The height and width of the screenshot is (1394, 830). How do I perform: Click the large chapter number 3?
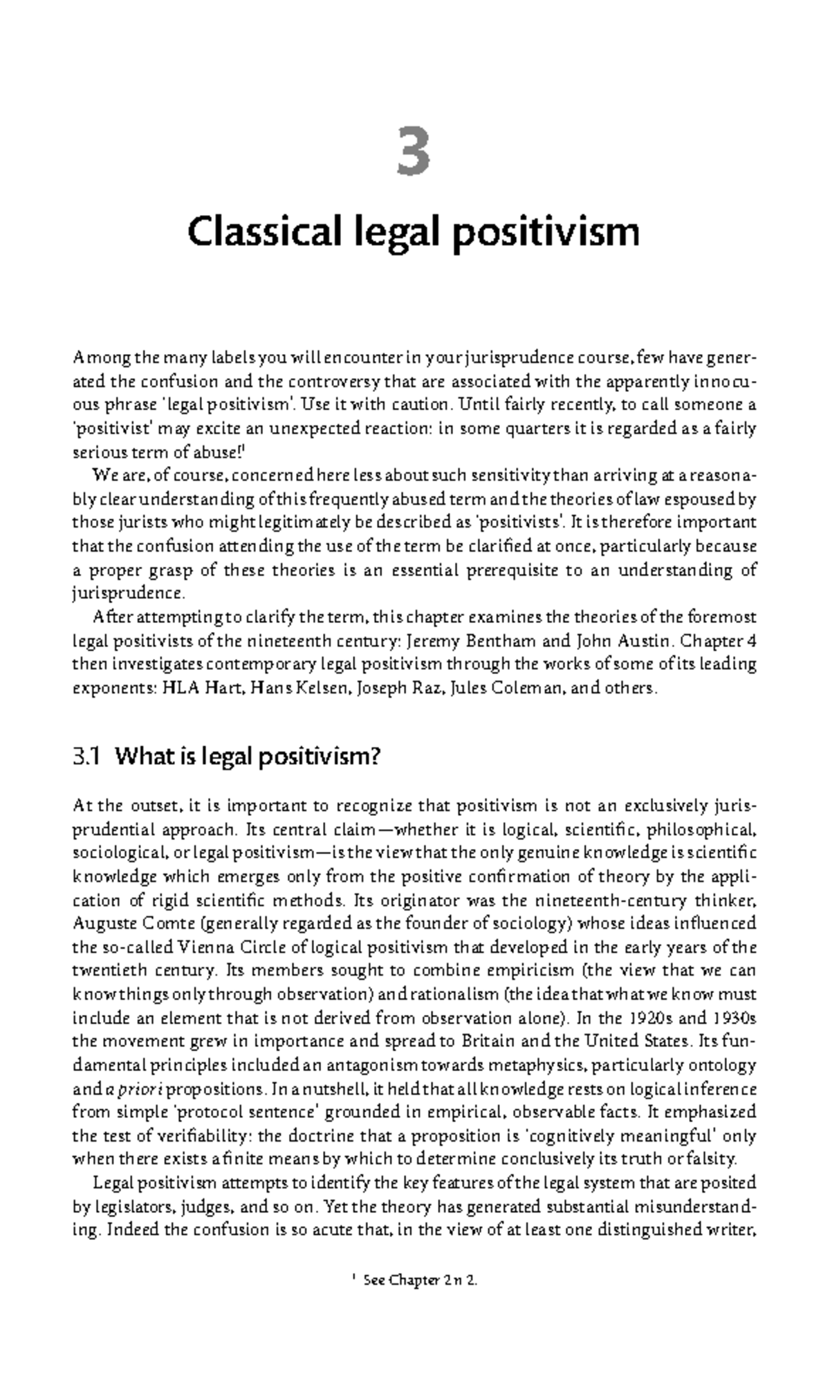tap(414, 153)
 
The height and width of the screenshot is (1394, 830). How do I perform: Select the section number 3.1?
tap(87, 757)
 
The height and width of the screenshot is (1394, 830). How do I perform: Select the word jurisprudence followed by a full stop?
tap(129, 593)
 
